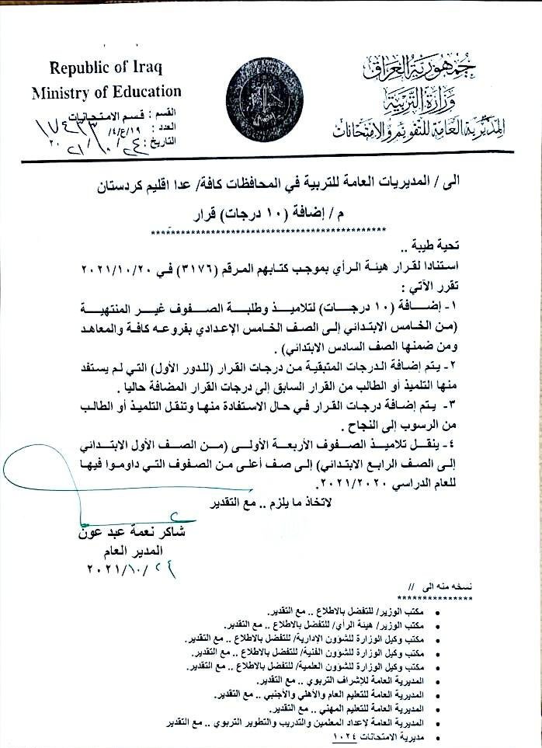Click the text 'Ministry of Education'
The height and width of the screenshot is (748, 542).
coord(106,92)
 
